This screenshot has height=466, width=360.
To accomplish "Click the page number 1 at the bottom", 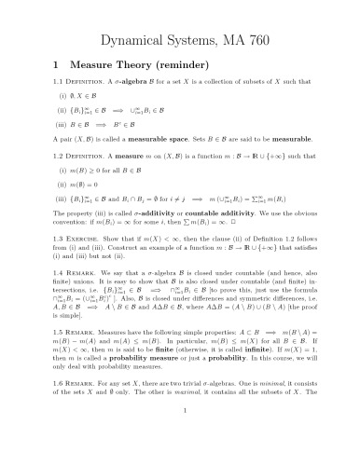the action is pos(180,452).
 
